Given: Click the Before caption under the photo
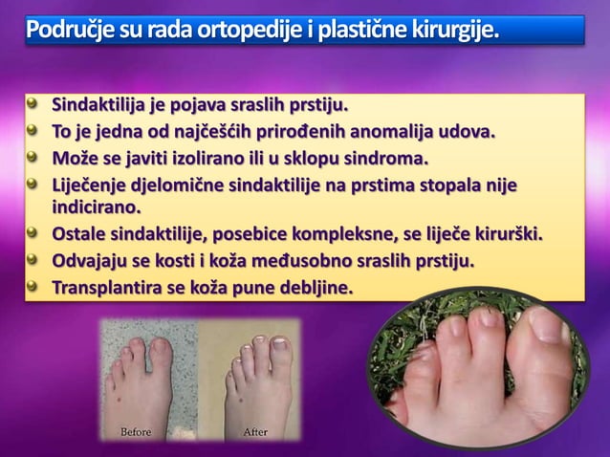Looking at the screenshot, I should click(135, 432).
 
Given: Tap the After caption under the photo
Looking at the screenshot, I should click(254, 432).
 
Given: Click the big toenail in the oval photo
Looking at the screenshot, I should click(549, 326).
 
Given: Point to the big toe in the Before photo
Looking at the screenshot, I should click(159, 359).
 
